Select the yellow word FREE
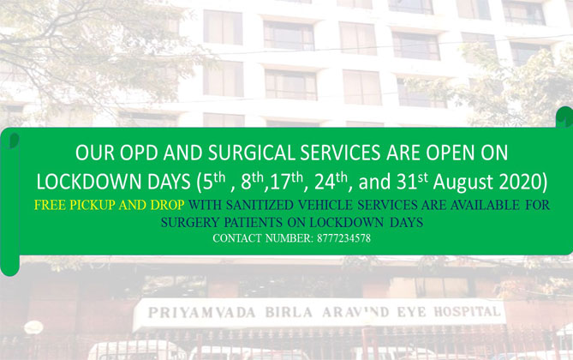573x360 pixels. pos(51,206)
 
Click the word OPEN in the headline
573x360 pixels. pos(442,153)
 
